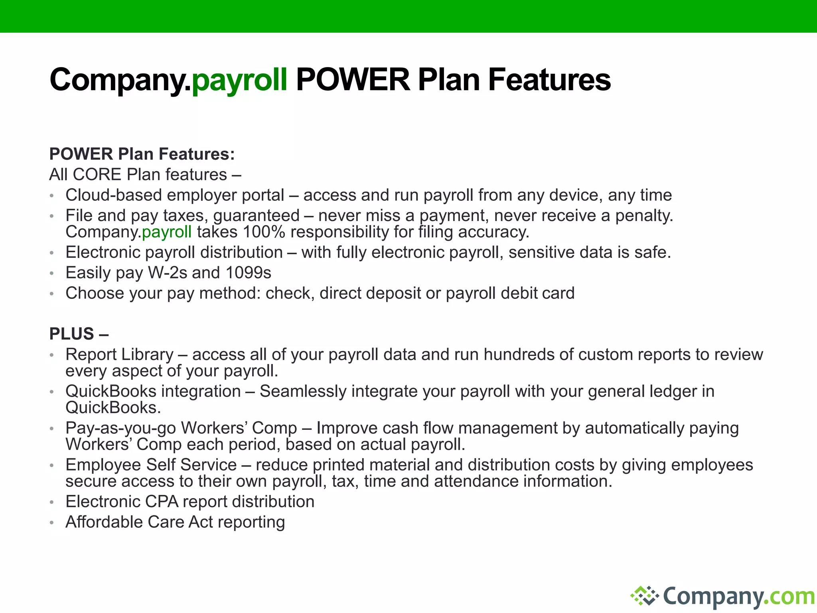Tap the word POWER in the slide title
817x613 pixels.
coord(353,79)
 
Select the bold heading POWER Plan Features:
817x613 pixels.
coord(142,154)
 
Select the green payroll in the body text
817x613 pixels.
coord(167,232)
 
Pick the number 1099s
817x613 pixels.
coord(248,273)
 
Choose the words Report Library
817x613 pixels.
coord(120,354)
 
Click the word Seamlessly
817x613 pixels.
coord(303,391)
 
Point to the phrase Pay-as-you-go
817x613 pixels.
coord(120,428)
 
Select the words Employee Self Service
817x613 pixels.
coord(151,465)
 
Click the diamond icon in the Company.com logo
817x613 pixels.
coord(644,596)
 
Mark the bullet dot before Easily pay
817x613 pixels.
coord(51,273)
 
